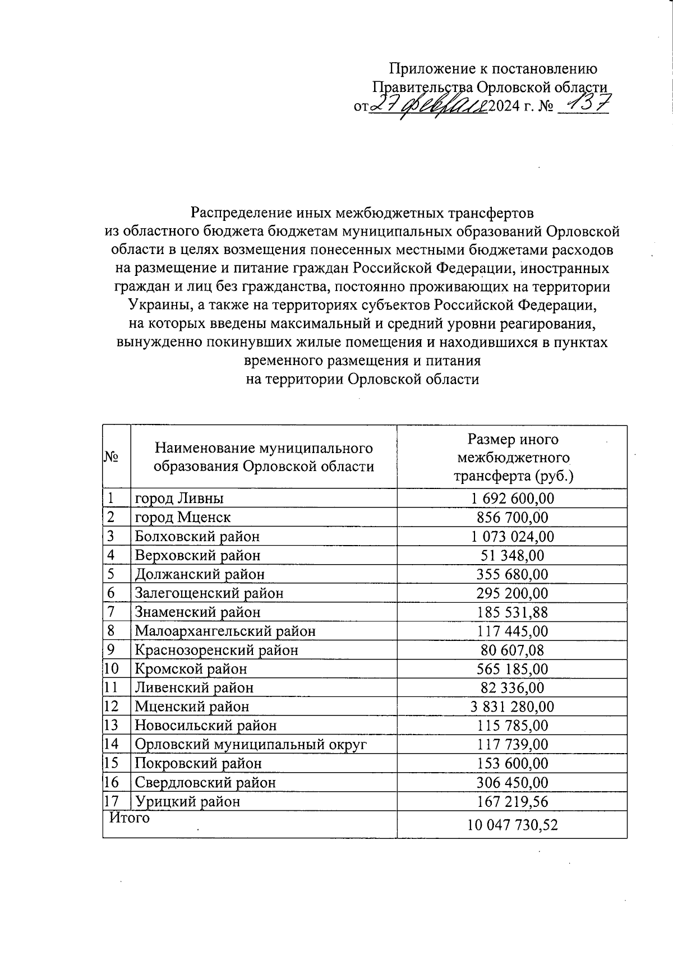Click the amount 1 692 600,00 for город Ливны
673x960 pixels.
(512, 499)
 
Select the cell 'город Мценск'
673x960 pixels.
(182, 517)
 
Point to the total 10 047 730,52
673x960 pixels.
(512, 825)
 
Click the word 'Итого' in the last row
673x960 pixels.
(130, 818)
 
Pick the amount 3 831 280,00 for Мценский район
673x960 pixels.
(512, 707)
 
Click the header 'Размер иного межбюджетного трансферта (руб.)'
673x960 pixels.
(512, 458)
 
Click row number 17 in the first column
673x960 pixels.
(112, 801)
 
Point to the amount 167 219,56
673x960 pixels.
(512, 801)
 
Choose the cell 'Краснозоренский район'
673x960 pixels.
(216, 650)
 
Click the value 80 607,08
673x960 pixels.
(512, 650)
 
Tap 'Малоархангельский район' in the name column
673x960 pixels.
(225, 631)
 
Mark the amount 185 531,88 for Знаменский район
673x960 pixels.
(512, 612)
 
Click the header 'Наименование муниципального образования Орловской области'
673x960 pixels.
(264, 457)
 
